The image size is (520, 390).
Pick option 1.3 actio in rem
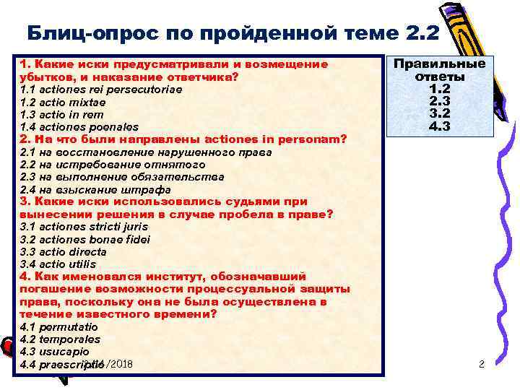click(62, 115)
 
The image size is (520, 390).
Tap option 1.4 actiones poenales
click(79, 127)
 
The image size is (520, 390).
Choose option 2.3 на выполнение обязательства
click(122, 177)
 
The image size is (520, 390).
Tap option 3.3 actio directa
click(64, 252)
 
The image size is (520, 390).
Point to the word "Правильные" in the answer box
click(439, 64)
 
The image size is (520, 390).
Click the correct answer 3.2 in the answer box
click(439, 113)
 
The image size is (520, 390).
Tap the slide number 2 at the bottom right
click(482, 365)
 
